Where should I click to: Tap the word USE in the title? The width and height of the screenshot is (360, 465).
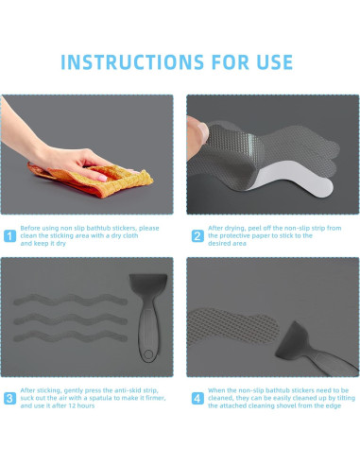(275, 62)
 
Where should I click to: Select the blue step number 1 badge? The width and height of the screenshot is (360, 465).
(9, 236)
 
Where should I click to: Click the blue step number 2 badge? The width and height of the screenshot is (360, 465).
(197, 236)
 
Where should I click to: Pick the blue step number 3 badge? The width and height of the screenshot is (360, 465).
(9, 399)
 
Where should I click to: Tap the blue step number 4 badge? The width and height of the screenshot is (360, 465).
(197, 399)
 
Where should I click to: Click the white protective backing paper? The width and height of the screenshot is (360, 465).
(293, 179)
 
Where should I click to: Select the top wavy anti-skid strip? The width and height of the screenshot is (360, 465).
(70, 300)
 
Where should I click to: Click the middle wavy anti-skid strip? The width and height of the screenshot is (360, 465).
(70, 319)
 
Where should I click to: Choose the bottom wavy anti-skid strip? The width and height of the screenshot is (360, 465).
(70, 336)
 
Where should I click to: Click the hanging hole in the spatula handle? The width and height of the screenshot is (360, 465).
(147, 354)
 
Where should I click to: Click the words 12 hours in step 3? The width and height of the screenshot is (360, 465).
(81, 405)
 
